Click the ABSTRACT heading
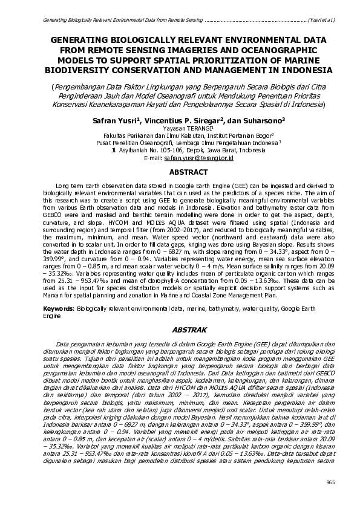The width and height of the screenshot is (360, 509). tap(180, 172)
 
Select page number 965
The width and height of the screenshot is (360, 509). tap(330, 481)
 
